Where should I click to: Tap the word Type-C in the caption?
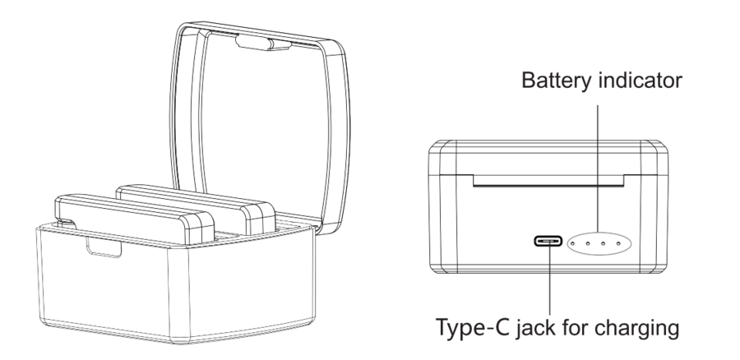click(473, 327)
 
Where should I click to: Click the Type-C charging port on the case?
click(548, 242)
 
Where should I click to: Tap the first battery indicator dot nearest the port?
click(572, 244)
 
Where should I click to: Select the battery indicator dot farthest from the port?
click(618, 244)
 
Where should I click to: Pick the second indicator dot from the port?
click(588, 244)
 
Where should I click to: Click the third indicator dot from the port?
click(604, 244)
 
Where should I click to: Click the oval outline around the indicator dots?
click(599, 233)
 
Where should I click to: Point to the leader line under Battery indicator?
click(598, 168)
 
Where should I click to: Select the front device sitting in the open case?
click(136, 219)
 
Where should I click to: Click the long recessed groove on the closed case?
click(548, 180)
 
